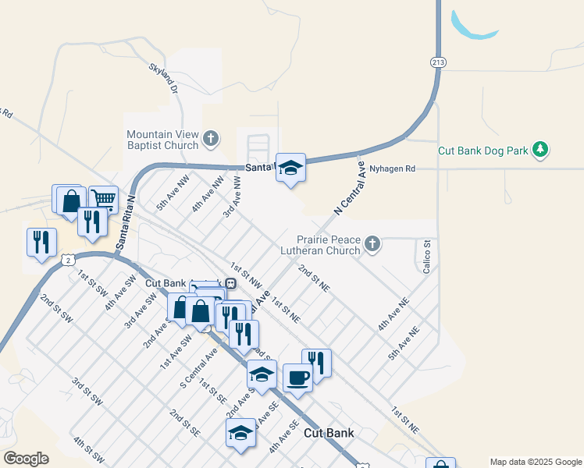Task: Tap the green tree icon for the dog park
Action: [539, 149]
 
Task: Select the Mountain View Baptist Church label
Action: [162, 140]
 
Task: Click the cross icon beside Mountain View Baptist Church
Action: [209, 140]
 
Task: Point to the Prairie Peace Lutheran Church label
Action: [328, 245]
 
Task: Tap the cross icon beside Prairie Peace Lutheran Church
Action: [372, 244]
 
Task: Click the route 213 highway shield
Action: [436, 62]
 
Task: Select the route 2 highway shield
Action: [69, 260]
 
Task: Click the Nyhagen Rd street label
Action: [392, 168]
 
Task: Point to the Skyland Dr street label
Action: [163, 79]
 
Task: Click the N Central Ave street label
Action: [349, 188]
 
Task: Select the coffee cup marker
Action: [297, 378]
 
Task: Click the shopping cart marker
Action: [103, 199]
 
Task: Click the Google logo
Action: [26, 459]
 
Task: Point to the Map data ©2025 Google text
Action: [536, 462]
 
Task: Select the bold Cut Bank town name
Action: [328, 433]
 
